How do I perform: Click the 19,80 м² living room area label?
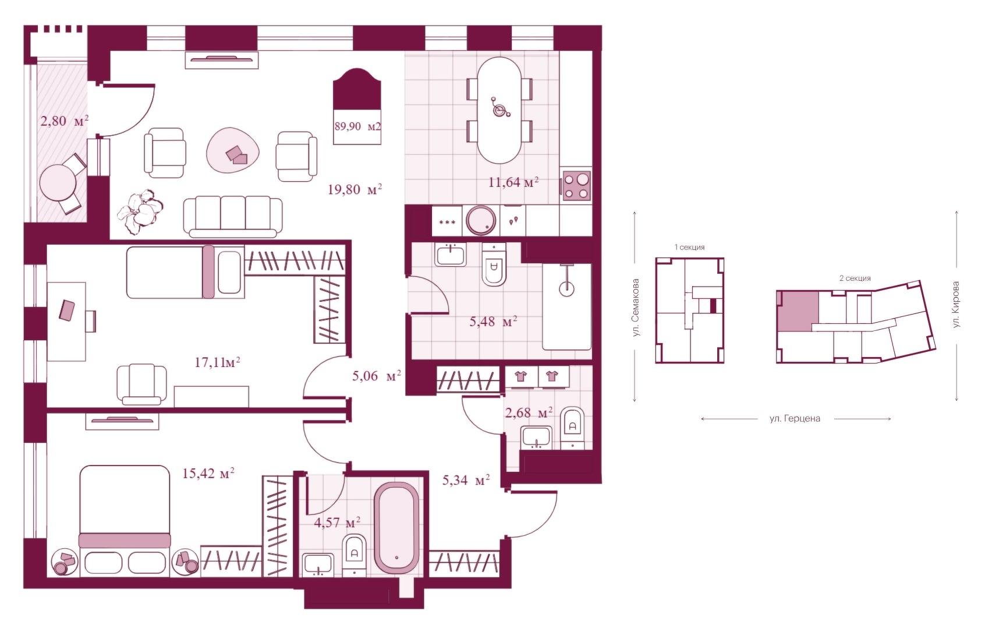[355, 190]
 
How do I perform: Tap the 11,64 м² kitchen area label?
[513, 182]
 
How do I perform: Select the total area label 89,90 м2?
[357, 127]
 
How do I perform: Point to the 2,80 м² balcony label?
[65, 121]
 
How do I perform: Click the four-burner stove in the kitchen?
[576, 186]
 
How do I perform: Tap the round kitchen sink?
[481, 220]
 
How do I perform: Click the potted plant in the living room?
[140, 211]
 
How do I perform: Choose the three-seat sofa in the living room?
[233, 217]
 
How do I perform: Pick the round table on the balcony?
[58, 182]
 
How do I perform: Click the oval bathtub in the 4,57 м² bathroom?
[396, 528]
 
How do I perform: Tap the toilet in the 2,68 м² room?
[572, 427]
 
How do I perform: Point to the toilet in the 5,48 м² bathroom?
[494, 265]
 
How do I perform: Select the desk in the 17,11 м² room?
[66, 322]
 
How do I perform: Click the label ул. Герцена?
[795, 418]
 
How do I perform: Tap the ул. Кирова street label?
[955, 305]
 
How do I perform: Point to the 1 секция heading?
[689, 248]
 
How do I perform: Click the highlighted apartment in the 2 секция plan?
[798, 311]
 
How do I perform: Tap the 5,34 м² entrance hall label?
[466, 480]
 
